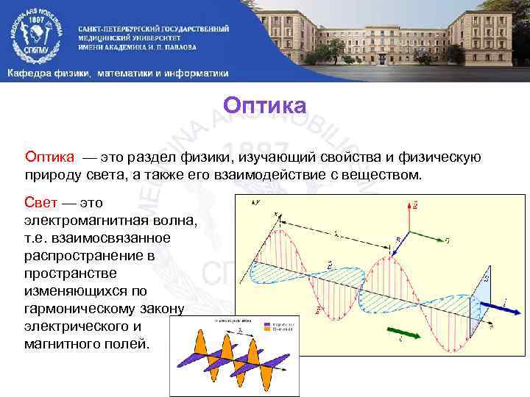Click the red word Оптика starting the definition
[49, 156]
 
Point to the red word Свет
[40, 201]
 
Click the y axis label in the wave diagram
[258, 201]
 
